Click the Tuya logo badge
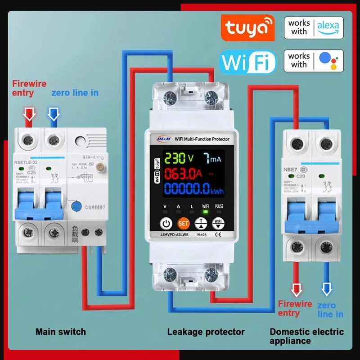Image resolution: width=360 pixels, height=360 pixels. click(247, 28)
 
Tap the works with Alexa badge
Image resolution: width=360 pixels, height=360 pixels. click(313, 28)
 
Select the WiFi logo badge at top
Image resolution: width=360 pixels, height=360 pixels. click(247, 62)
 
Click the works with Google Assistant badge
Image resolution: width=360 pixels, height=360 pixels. click(313, 61)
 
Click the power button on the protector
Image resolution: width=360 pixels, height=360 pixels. click(166, 223)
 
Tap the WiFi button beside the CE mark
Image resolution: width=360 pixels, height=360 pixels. click(218, 223)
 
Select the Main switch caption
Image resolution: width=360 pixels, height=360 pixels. click(61, 332)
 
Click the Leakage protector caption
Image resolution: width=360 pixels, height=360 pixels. click(206, 332)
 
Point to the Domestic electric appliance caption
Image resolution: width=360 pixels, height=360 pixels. click(306, 336)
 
